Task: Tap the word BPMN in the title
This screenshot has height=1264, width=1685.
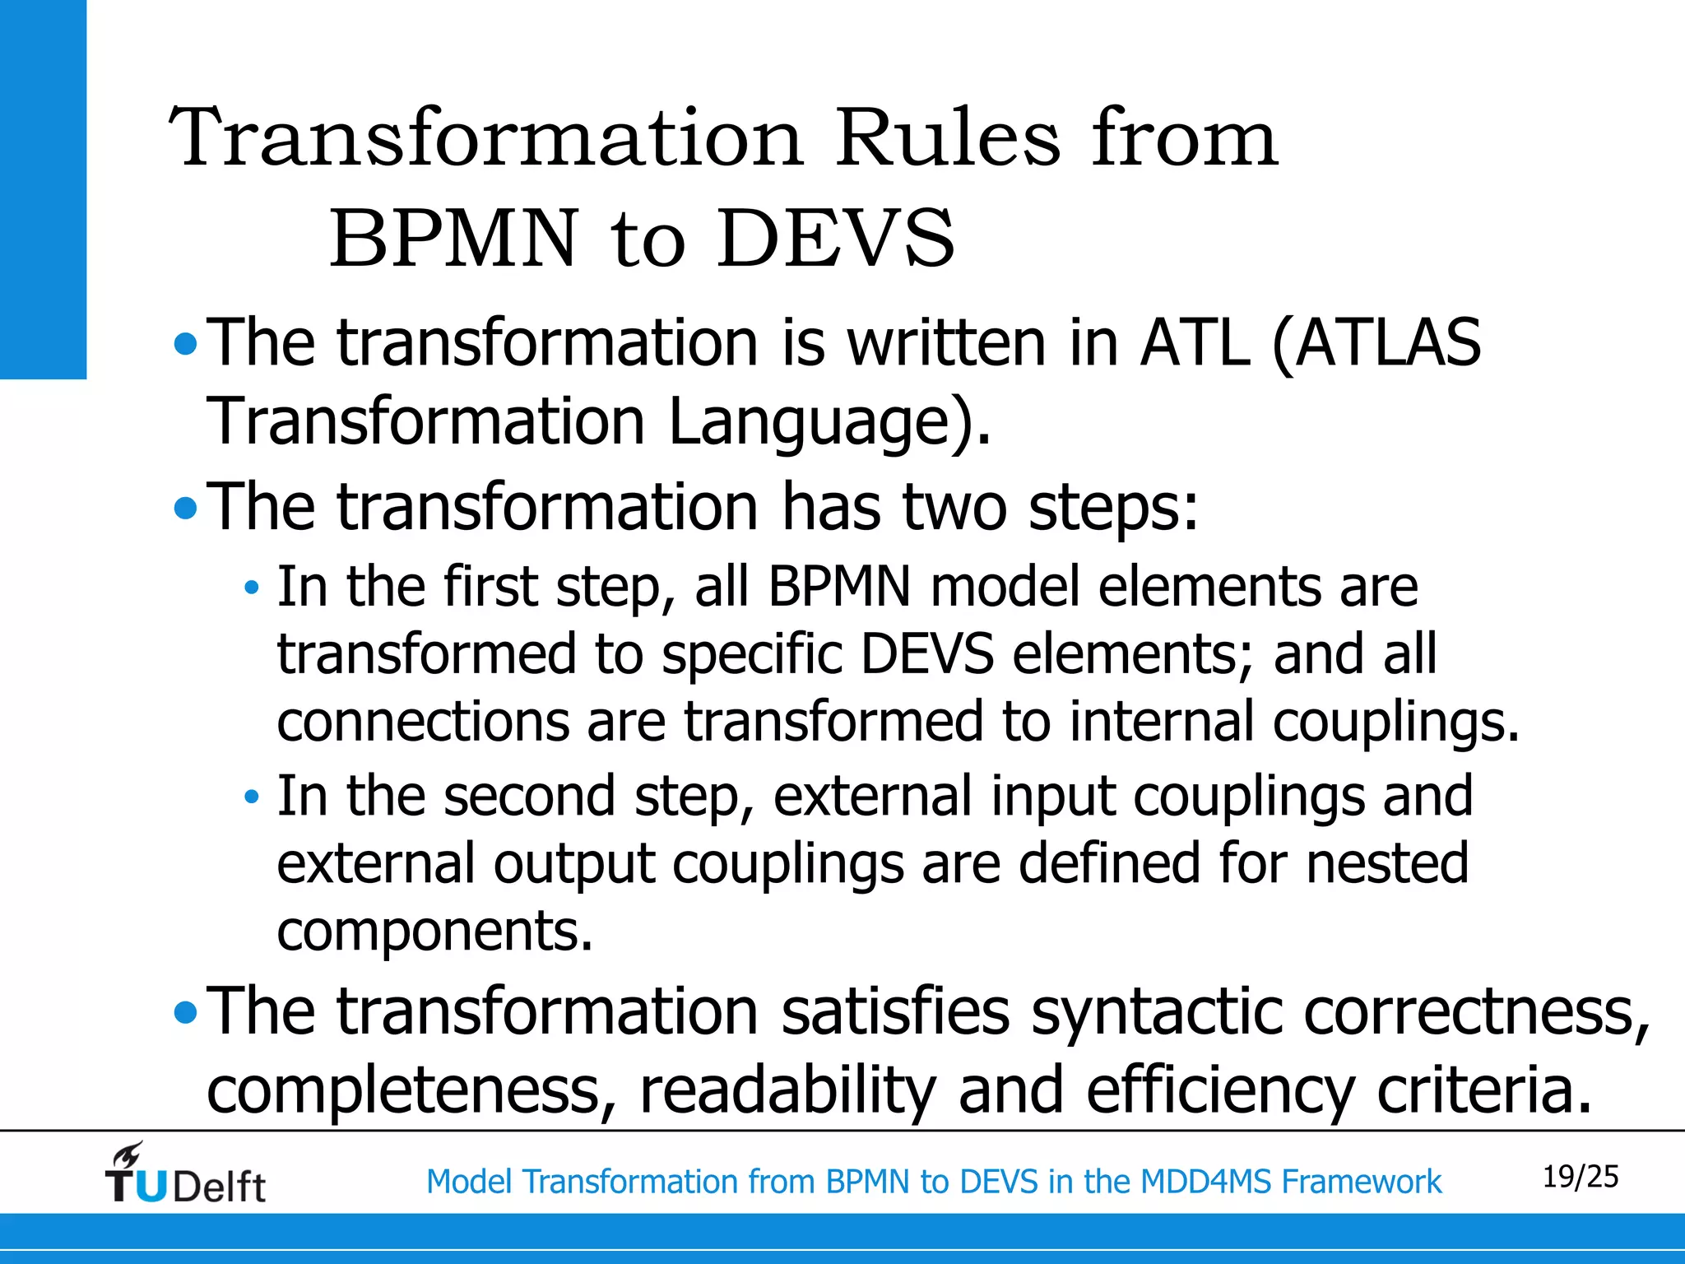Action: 454,239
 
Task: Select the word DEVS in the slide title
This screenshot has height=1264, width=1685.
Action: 835,239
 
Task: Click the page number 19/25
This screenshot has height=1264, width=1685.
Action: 1580,1177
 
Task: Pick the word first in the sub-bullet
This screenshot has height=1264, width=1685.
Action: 490,587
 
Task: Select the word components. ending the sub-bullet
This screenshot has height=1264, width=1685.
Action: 434,931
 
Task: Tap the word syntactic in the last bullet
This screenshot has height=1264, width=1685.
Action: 1156,1012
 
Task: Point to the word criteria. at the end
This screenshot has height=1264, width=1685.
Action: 1484,1090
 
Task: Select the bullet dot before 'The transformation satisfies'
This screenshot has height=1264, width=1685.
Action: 187,1012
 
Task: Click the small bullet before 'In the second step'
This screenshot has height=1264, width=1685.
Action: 252,797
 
